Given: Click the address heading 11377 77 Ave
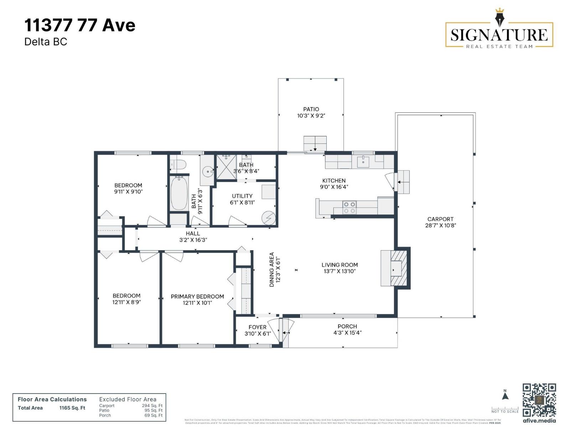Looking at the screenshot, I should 80,26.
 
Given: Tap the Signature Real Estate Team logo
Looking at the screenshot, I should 499,35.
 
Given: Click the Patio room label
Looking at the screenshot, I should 311,109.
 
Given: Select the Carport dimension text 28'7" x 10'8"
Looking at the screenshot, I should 440,225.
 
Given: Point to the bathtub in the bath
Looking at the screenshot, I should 179,194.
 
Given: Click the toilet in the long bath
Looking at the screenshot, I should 178,164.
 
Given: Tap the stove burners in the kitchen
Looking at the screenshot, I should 349,207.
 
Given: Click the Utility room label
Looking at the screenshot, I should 242,196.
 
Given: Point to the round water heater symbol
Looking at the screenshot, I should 269,218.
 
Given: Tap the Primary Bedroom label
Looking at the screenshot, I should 197,296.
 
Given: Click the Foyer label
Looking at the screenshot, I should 257,327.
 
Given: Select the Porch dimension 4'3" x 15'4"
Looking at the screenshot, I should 347,333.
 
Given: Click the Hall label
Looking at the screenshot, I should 193,233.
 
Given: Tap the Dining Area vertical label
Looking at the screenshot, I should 272,269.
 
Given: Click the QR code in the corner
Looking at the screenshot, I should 539,400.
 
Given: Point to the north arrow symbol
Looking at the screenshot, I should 505,395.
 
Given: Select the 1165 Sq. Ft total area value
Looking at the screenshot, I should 72,408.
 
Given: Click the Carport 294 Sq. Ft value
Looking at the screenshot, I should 152,406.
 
